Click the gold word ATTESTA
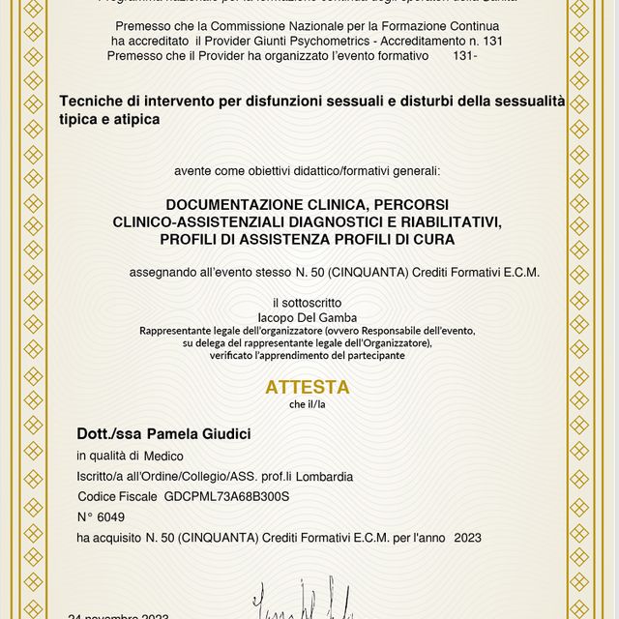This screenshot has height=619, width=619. pyautogui.click(x=308, y=387)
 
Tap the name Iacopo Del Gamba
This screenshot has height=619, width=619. pyautogui.click(x=308, y=316)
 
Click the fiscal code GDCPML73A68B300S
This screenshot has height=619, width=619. pyautogui.click(x=227, y=496)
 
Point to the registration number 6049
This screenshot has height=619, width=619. pyautogui.click(x=111, y=516)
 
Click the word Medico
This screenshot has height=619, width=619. pyautogui.click(x=164, y=456)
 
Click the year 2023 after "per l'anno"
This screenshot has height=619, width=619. pyautogui.click(x=467, y=537)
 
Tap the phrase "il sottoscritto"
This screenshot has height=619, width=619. pyautogui.click(x=308, y=303)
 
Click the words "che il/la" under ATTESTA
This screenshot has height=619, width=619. pyautogui.click(x=308, y=404)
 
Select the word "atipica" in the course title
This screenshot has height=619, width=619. pyautogui.click(x=136, y=118)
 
